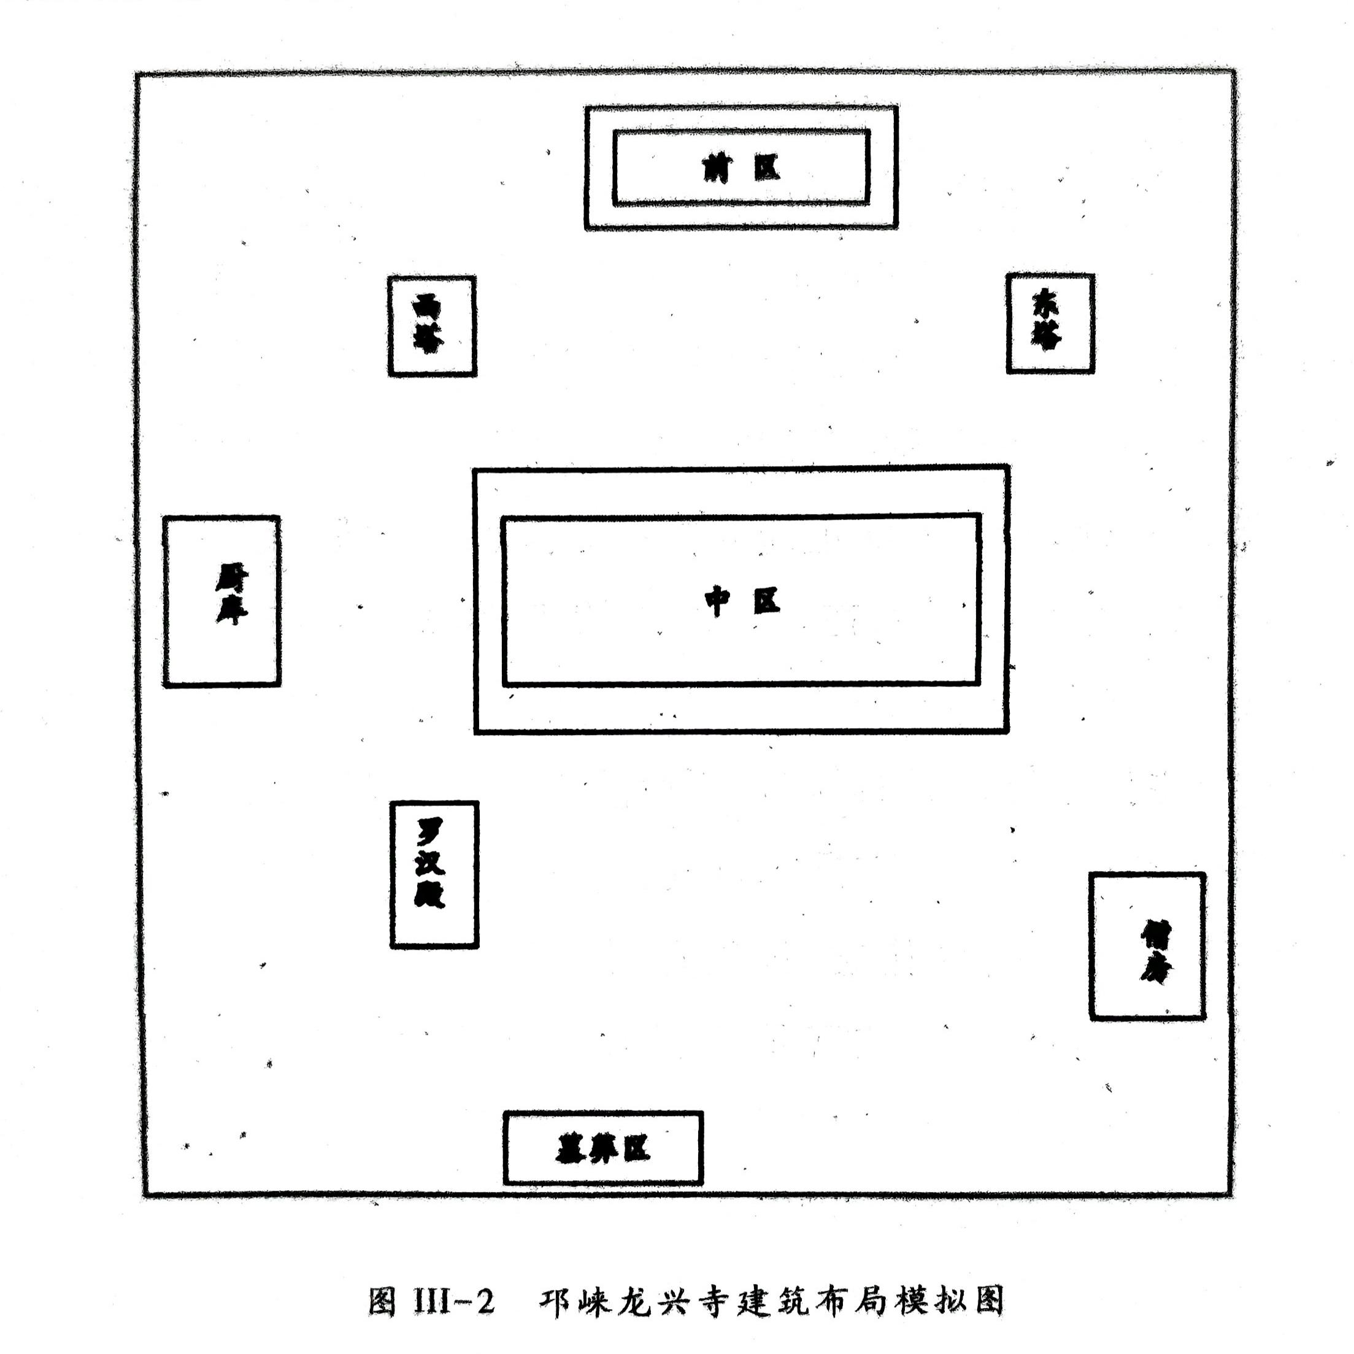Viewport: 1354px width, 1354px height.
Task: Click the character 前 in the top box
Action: tap(717, 168)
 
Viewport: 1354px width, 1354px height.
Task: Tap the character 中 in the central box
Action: tap(717, 601)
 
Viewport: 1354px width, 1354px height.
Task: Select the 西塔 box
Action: tap(432, 326)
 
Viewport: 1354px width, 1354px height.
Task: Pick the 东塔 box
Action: tap(1050, 323)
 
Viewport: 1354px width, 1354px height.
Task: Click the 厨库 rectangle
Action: tap(221, 601)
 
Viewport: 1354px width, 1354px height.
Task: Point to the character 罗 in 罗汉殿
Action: tap(429, 832)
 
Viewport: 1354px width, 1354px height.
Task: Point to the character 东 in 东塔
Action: tap(1045, 305)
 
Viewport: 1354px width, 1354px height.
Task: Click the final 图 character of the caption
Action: tap(989, 1300)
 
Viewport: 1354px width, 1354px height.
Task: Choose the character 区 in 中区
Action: tap(767, 601)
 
